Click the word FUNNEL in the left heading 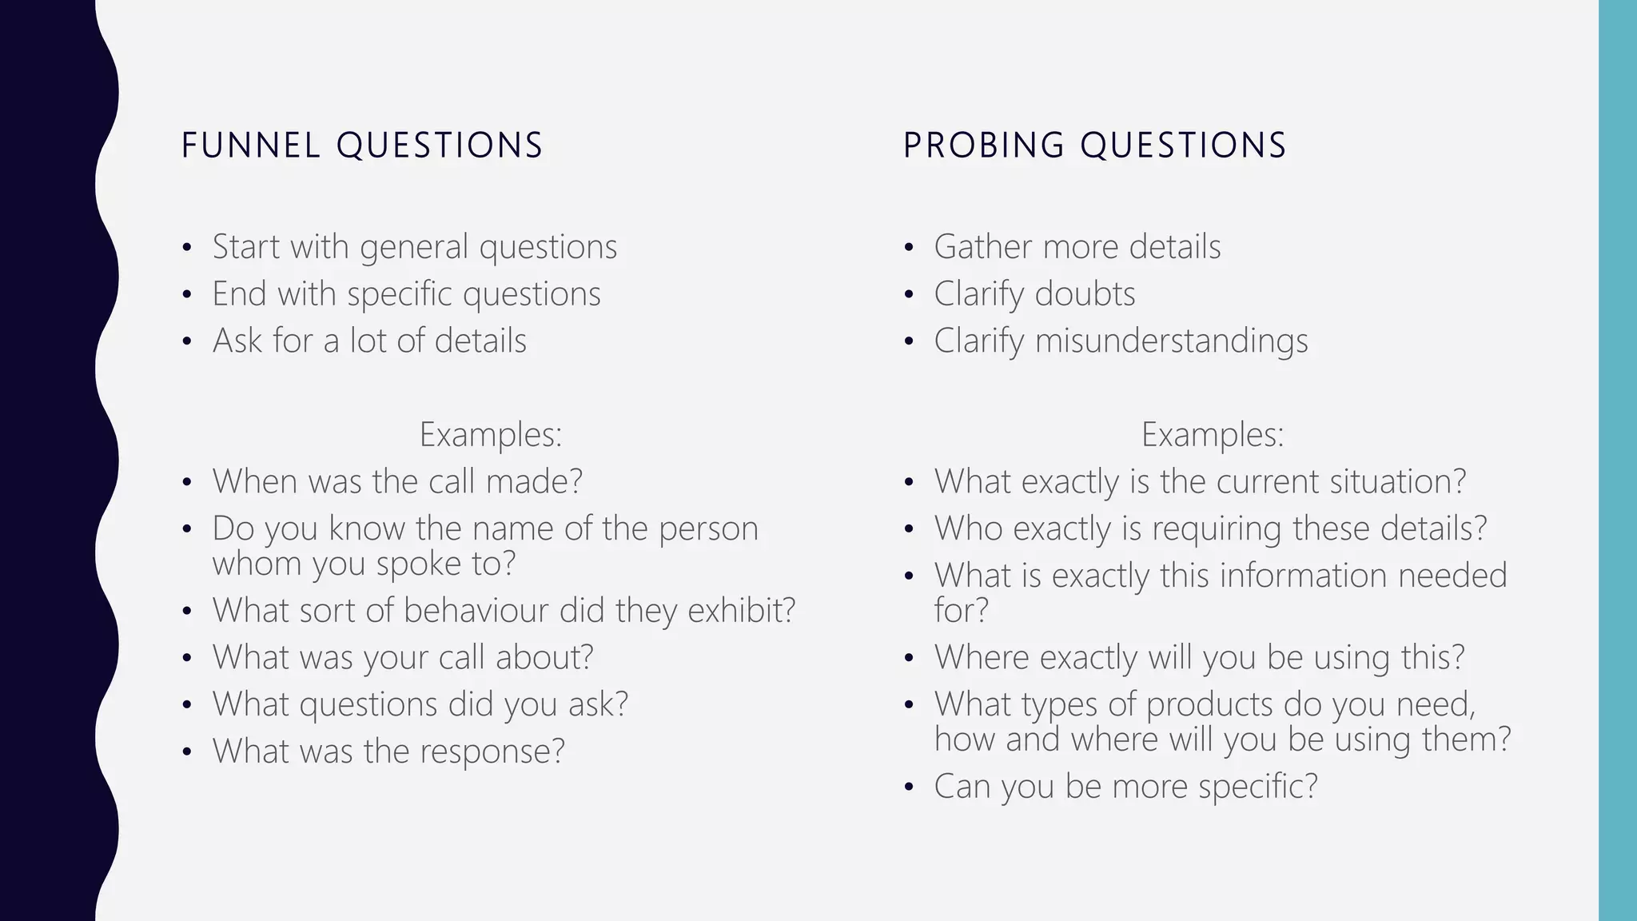pos(250,146)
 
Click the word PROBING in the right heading pos(984,146)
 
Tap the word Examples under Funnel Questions pos(490,435)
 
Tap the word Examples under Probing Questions pos(1212,435)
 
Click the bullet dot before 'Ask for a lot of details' pos(187,342)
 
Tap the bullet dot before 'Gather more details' pos(909,248)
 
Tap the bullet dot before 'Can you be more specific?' pos(909,787)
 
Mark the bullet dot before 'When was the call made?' pos(187,483)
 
